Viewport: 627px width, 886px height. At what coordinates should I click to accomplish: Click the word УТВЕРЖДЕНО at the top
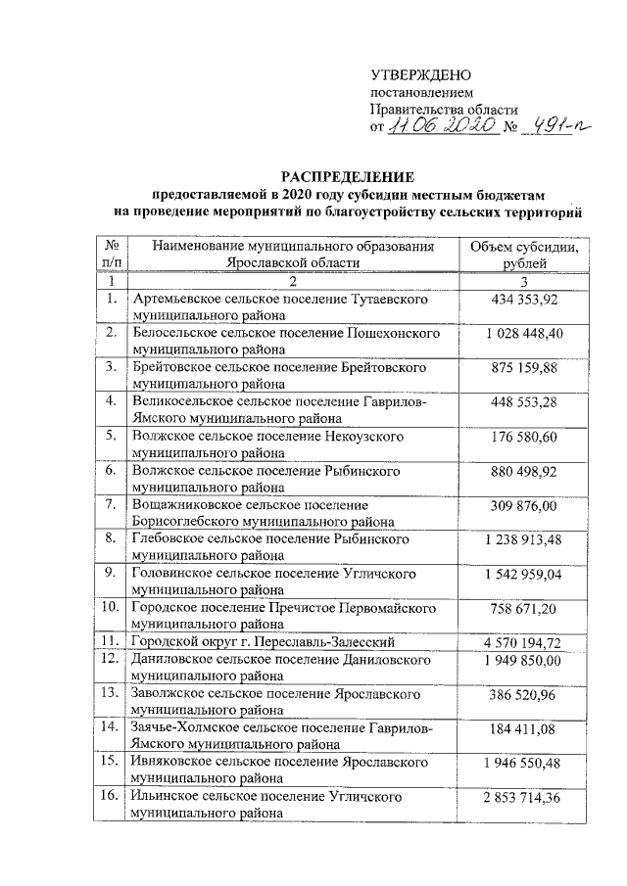pos(421,75)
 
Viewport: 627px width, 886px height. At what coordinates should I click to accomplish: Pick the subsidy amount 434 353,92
pos(524,298)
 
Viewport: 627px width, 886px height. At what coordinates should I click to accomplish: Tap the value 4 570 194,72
pos(524,642)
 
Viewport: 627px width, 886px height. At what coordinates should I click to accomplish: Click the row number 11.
pos(112,642)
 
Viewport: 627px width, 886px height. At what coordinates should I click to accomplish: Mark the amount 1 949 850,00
pos(524,663)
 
